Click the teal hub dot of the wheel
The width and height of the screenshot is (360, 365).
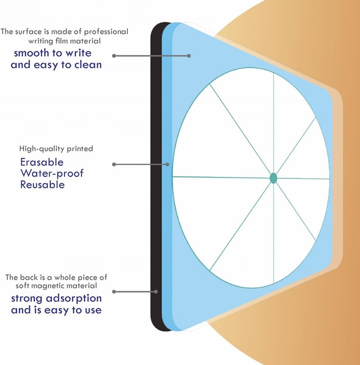point(274,178)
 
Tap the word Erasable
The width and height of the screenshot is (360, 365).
point(42,162)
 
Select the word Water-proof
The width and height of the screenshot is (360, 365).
point(52,174)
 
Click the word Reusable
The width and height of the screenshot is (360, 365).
point(42,185)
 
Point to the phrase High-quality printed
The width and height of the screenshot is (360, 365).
point(56,149)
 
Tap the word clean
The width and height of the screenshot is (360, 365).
point(88,64)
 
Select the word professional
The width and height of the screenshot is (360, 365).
point(106,32)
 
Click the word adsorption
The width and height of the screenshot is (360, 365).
point(74,299)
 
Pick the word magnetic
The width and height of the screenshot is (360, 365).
point(45,286)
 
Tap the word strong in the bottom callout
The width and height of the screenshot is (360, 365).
point(27,299)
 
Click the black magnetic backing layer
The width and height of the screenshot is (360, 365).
point(157,176)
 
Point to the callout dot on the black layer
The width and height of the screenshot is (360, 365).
point(156,292)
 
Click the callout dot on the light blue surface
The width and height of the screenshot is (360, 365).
point(189,56)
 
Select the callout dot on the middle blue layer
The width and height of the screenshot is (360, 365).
point(167,164)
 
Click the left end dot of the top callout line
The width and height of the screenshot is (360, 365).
point(114,56)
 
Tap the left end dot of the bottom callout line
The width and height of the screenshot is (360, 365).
point(114,292)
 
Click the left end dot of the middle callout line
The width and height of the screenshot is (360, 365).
point(114,164)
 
